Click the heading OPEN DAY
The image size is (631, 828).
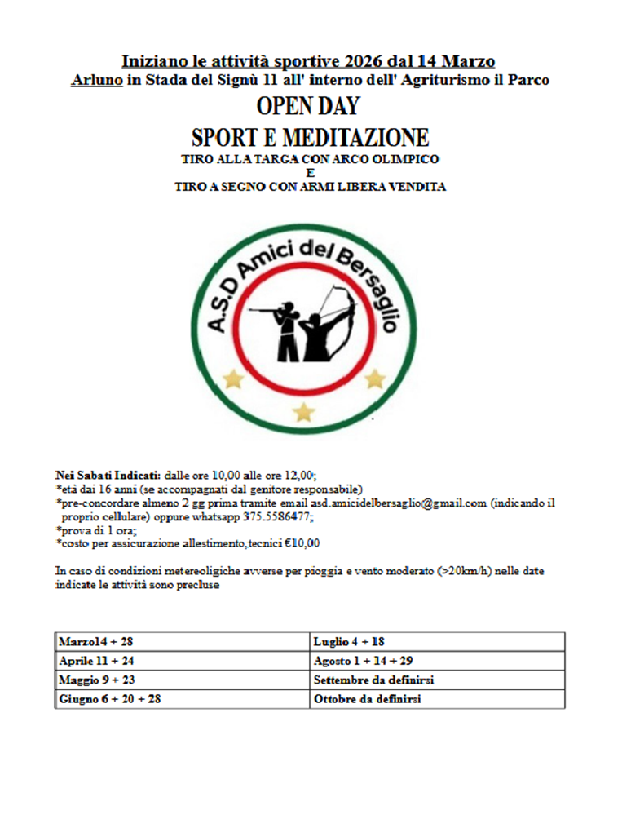(x=308, y=107)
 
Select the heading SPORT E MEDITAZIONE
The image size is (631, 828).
(x=310, y=136)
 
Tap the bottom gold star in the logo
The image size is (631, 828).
(x=304, y=412)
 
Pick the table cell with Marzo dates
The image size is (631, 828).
(x=183, y=642)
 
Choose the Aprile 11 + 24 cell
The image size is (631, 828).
(x=183, y=661)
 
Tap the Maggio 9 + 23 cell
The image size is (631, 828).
(x=183, y=680)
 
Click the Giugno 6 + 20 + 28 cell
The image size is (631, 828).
(x=183, y=699)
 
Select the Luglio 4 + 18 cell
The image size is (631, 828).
(x=437, y=642)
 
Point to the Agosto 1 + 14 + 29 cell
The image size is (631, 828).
(x=437, y=661)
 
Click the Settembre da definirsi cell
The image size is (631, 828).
(x=437, y=680)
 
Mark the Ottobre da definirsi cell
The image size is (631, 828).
(x=437, y=699)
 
